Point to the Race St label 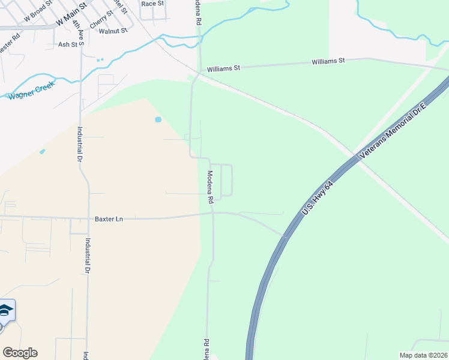(x=152, y=4)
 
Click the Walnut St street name (x=113, y=31)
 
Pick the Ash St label (x=68, y=44)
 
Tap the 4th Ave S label (x=77, y=30)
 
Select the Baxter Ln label (x=109, y=219)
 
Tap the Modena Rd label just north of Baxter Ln (x=211, y=188)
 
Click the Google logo (x=20, y=353)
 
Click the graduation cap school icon (x=5, y=310)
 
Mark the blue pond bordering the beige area (x=158, y=119)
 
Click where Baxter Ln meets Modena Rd (x=213, y=213)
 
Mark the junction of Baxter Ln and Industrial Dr (x=88, y=218)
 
